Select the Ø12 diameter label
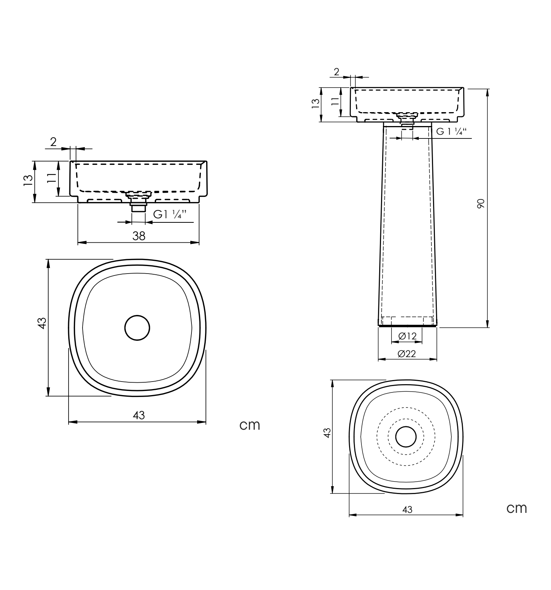[x=407, y=336]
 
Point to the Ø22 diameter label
[x=407, y=353]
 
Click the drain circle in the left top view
[x=137, y=327]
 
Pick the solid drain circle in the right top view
[x=406, y=436]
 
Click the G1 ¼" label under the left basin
[x=170, y=214]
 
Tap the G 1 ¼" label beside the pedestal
[x=452, y=131]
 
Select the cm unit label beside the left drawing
[x=250, y=425]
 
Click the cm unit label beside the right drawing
[x=516, y=508]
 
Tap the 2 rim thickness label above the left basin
[x=54, y=141]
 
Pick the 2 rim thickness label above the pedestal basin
[x=337, y=72]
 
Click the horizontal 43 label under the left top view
[x=139, y=415]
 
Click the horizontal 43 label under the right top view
[x=407, y=509]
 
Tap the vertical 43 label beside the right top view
[x=327, y=433]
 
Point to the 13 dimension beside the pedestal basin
[x=316, y=103]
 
